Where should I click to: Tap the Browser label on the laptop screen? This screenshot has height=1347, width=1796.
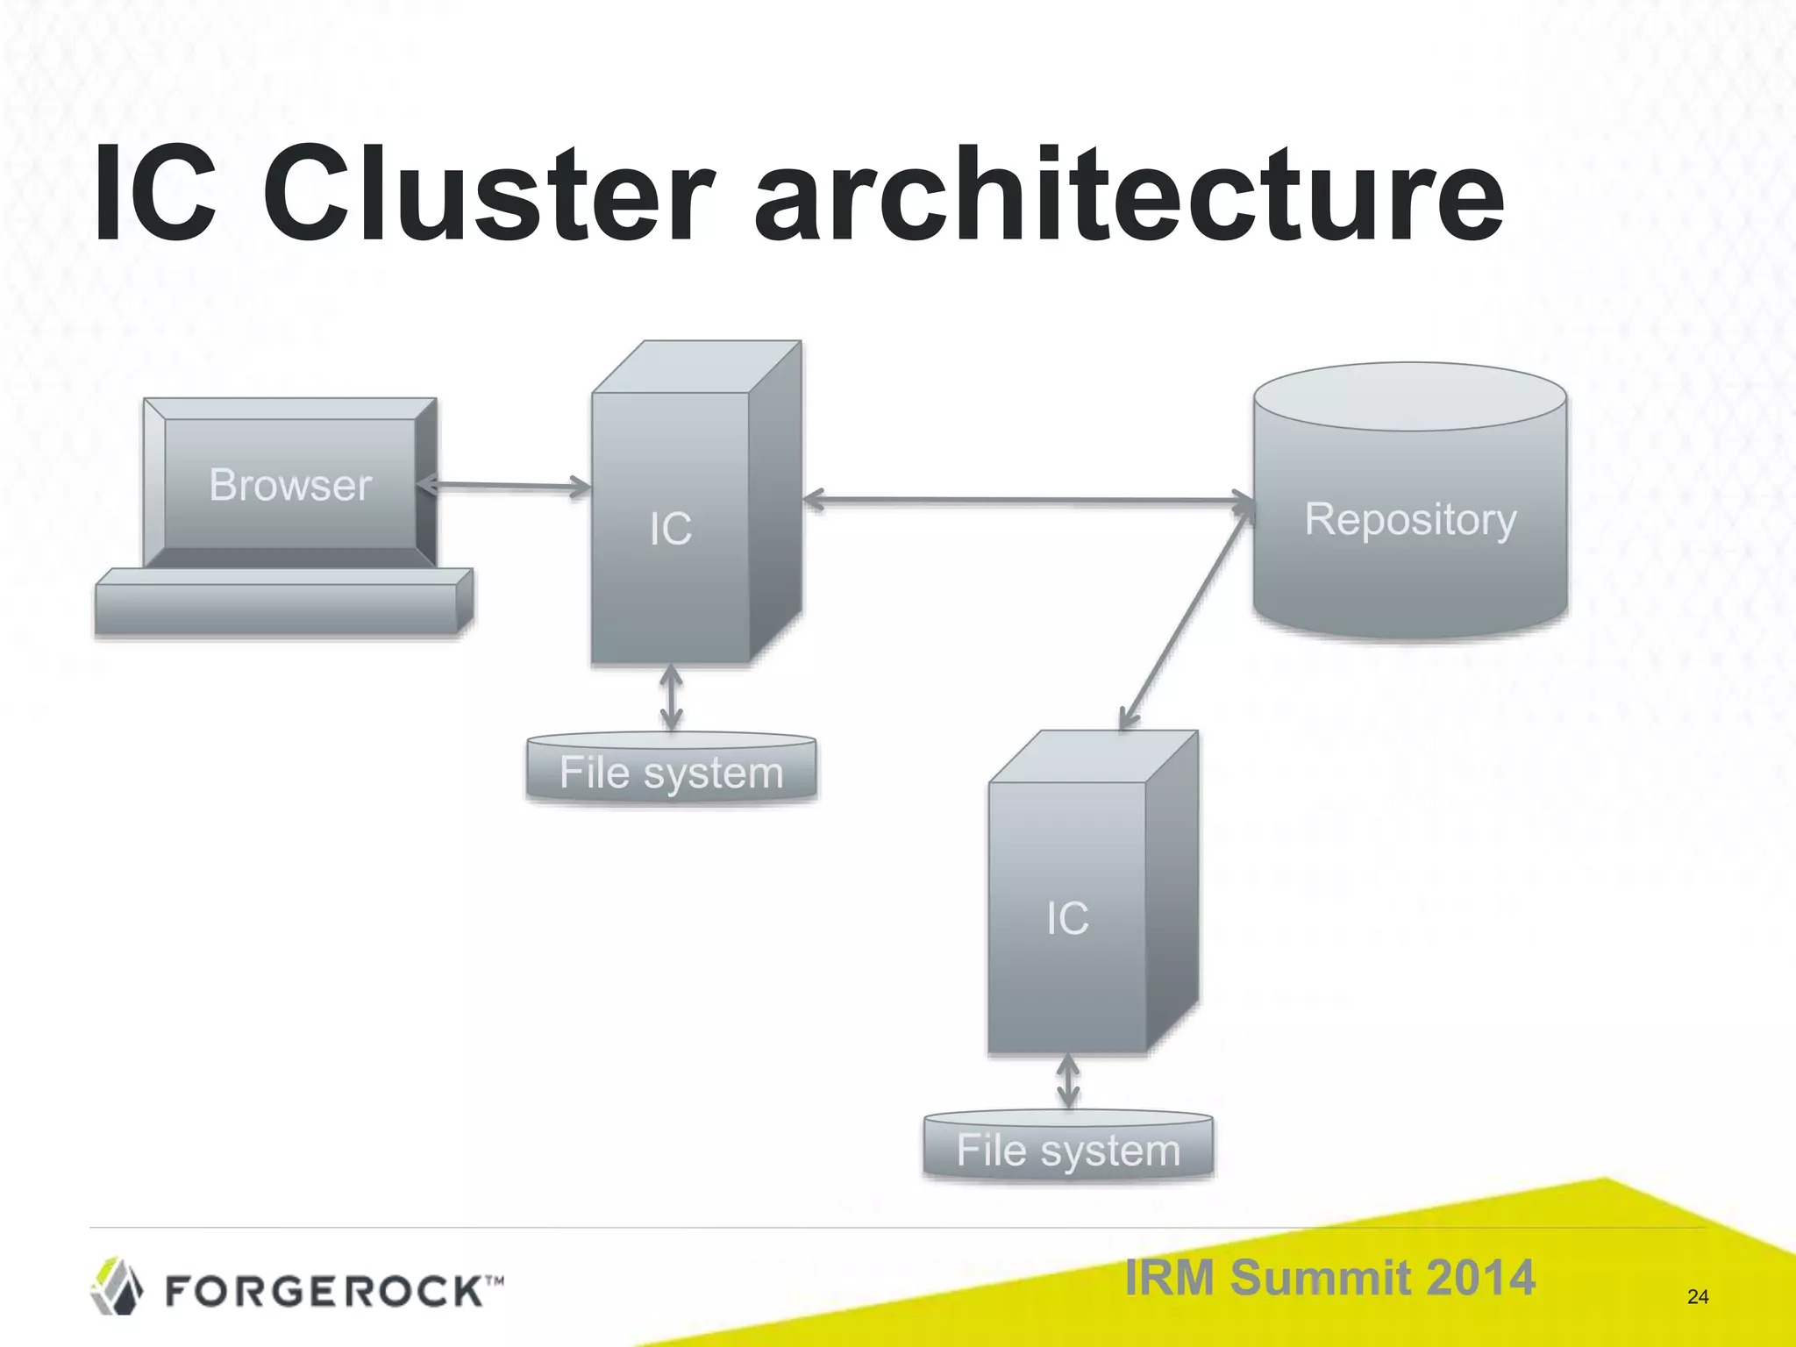coord(290,485)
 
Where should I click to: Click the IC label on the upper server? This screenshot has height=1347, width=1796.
coord(671,529)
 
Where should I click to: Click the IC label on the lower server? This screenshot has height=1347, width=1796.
coord(1067,918)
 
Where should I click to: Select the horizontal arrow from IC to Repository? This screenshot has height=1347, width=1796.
coord(1026,501)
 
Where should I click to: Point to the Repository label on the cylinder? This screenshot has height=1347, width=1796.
coord(1410,519)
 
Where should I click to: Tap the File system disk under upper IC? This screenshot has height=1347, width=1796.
coord(671,772)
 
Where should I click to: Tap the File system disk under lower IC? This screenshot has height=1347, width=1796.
coord(1068,1150)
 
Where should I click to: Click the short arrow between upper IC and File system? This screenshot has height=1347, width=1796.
coord(671,698)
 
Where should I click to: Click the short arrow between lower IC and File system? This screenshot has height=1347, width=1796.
coord(1068,1081)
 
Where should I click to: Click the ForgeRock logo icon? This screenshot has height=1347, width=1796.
coord(117,1286)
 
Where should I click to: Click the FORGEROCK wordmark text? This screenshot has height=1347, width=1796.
coord(324,1291)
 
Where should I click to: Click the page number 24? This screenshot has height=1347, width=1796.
coord(1697,1297)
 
